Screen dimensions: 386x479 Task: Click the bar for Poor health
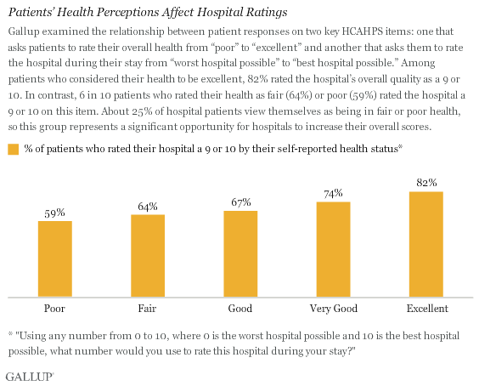pyautogui.click(x=54, y=258)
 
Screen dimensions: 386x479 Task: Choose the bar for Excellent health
pyautogui.click(x=426, y=244)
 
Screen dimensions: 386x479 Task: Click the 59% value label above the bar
pyautogui.click(x=54, y=213)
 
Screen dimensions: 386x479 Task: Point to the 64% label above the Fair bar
pyautogui.click(x=148, y=207)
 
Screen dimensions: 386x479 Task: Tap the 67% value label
pyautogui.click(x=240, y=202)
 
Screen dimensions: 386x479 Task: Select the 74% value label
pyautogui.click(x=334, y=194)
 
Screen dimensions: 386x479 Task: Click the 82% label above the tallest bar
pyautogui.click(x=426, y=183)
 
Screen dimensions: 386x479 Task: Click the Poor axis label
pyautogui.click(x=54, y=308)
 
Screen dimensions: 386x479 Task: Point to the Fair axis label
pyautogui.click(x=148, y=308)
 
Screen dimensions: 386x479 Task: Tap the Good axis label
pyautogui.click(x=240, y=308)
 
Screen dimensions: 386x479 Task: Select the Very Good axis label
pyautogui.click(x=334, y=308)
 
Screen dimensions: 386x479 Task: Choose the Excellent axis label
pyautogui.click(x=426, y=308)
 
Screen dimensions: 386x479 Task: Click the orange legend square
pyautogui.click(x=13, y=149)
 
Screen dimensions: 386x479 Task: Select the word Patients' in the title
pyautogui.click(x=32, y=14)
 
